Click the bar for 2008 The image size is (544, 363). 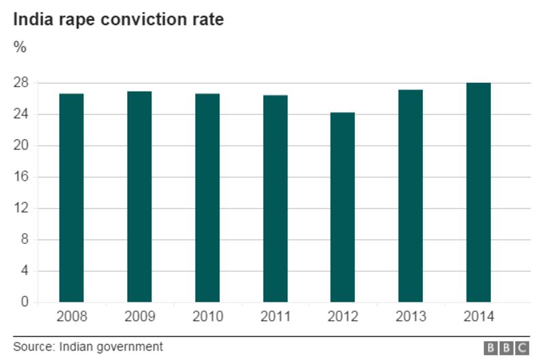(x=71, y=197)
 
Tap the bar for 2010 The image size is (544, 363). (x=207, y=197)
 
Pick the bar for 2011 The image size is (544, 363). (x=275, y=198)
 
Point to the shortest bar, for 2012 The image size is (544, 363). (x=343, y=207)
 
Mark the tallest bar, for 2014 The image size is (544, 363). (x=478, y=192)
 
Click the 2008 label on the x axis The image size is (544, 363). (x=71, y=317)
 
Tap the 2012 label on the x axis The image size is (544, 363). (x=343, y=317)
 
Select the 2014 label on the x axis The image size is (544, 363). (x=478, y=317)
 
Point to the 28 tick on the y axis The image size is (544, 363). (x=20, y=83)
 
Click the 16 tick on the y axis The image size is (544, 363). (x=20, y=177)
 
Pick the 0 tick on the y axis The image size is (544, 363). (x=24, y=302)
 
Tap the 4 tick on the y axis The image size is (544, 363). (x=24, y=271)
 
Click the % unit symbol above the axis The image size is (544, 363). (x=20, y=47)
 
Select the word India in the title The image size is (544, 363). (x=31, y=20)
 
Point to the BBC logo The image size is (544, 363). (x=506, y=348)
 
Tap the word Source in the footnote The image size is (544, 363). (x=33, y=347)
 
